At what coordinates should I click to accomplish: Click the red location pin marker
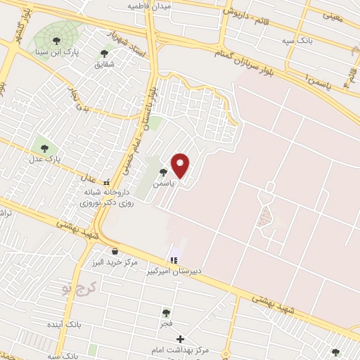tap(181, 165)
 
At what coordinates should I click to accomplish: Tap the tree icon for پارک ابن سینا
tap(56, 41)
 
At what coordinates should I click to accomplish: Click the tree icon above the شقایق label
tap(105, 53)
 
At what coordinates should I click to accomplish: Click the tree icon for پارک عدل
tap(45, 148)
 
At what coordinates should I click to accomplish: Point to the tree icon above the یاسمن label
tap(163, 172)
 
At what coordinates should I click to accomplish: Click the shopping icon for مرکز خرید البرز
tap(115, 251)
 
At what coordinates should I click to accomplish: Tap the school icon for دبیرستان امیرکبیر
tap(174, 260)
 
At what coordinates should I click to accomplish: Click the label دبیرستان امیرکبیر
tap(174, 271)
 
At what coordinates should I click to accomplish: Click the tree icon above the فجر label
tap(166, 314)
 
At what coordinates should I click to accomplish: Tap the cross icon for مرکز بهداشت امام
tap(181, 340)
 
